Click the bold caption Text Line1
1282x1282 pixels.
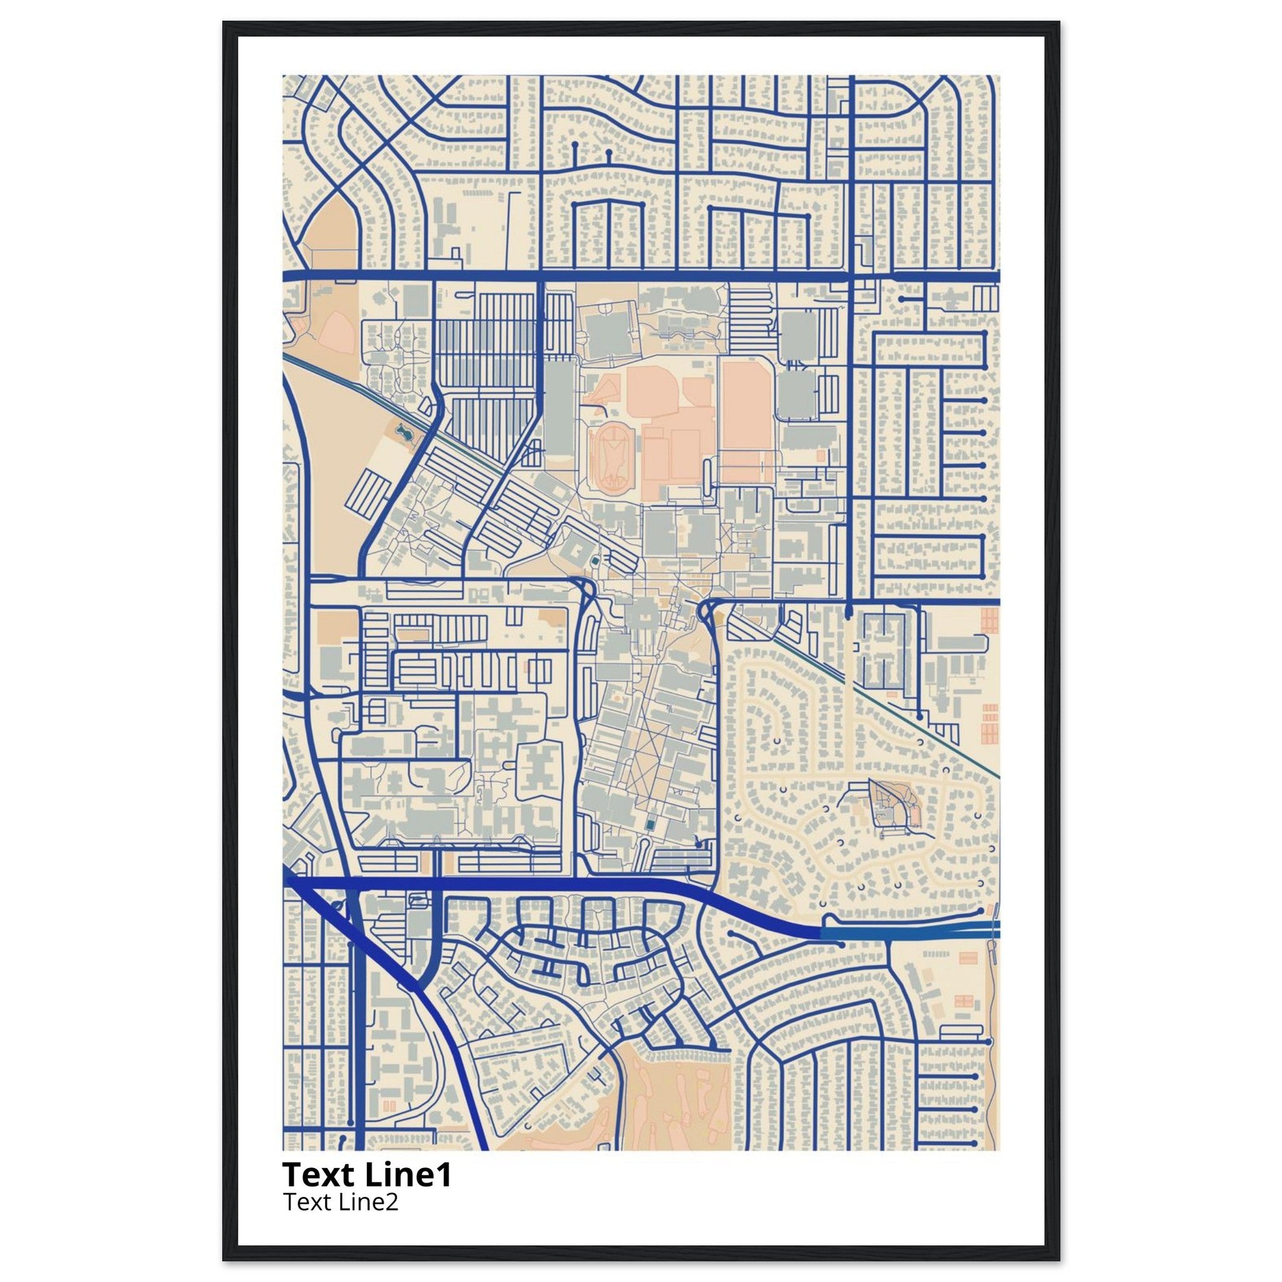pos(367,1174)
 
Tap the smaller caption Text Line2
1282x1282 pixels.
pos(341,1202)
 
